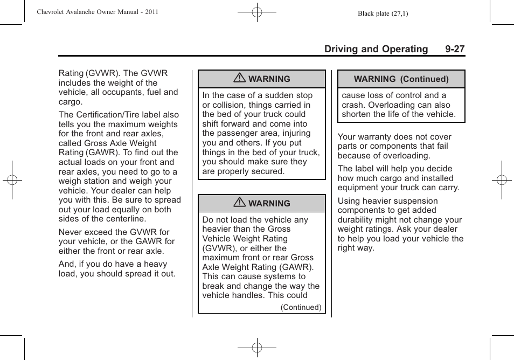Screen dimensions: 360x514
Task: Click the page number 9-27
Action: [x=455, y=49]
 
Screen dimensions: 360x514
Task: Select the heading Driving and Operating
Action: [x=376, y=49]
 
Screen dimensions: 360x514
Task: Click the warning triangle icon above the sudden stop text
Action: [x=241, y=79]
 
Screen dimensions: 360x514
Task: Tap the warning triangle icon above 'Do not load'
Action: [x=241, y=203]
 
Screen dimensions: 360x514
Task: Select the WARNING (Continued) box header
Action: [x=401, y=79]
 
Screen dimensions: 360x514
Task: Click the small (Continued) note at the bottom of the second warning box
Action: [x=301, y=308]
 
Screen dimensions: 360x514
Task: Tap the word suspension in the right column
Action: [x=412, y=201]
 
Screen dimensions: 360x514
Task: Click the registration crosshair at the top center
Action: [x=257, y=11]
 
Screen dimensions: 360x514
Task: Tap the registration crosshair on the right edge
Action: [x=501, y=180]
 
